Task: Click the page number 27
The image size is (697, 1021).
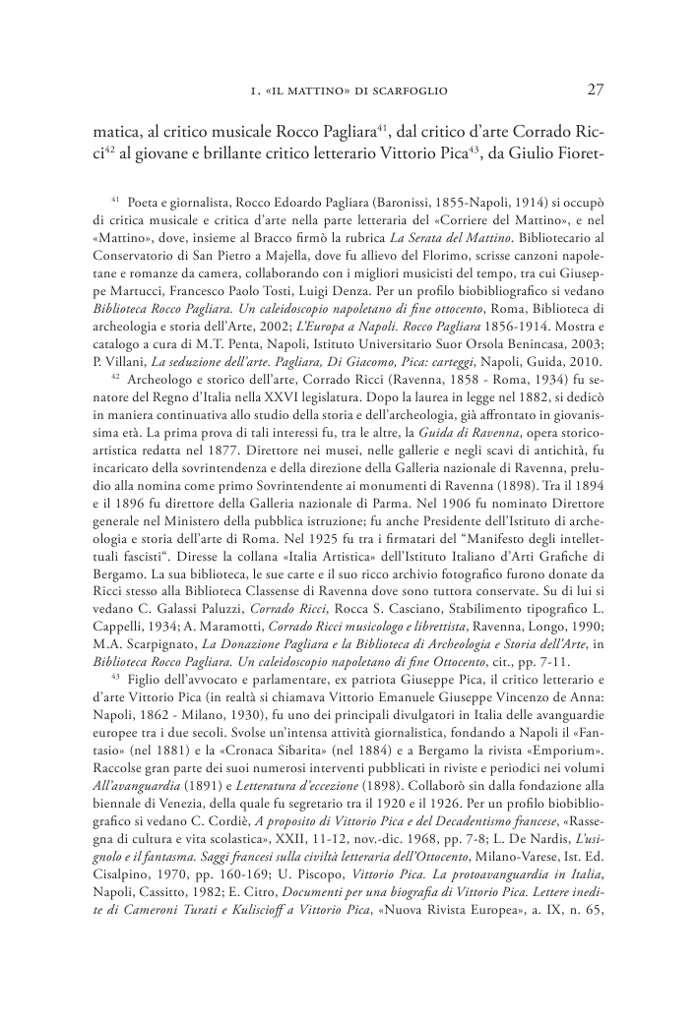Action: point(594,90)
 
